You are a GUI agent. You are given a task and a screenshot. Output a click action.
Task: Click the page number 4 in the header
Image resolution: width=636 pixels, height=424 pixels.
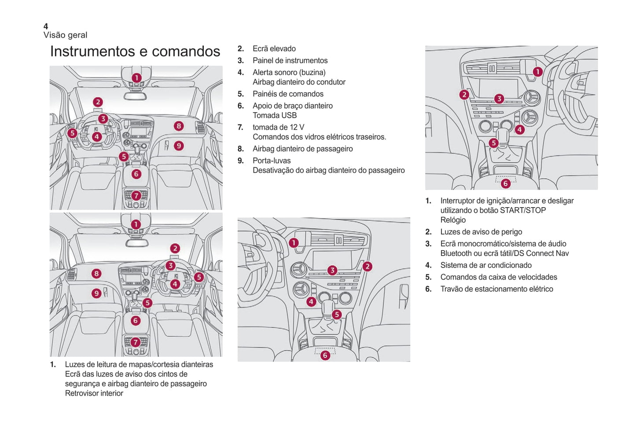(x=46, y=26)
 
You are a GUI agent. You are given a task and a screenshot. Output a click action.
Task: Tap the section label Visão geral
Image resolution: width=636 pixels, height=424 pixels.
(x=65, y=35)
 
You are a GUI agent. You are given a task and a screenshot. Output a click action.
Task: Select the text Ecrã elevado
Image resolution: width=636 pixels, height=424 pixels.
(x=274, y=49)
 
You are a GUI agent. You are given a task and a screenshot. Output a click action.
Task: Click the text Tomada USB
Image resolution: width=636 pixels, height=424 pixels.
(x=274, y=116)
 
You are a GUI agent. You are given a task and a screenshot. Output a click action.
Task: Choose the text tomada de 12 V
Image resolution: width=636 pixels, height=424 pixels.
(x=278, y=128)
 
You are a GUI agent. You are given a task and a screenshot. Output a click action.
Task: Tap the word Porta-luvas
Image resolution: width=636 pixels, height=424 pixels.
(x=271, y=161)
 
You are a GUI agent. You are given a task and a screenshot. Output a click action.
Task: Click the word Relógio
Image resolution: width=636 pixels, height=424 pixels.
(x=453, y=220)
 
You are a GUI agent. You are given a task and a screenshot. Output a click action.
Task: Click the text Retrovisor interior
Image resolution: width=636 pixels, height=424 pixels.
(x=94, y=394)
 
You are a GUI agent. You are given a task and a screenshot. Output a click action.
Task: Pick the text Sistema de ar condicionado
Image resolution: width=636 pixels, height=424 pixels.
(x=485, y=266)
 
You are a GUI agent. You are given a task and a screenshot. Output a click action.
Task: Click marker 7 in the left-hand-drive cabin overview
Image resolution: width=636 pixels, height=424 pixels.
(x=136, y=196)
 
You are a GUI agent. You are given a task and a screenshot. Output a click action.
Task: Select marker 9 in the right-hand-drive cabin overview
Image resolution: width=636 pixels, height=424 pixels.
(x=96, y=293)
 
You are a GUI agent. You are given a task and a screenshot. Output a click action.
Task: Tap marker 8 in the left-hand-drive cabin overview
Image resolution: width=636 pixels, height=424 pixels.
(x=178, y=126)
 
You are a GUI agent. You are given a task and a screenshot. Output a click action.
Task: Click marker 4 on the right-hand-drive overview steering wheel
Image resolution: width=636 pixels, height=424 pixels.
(x=175, y=284)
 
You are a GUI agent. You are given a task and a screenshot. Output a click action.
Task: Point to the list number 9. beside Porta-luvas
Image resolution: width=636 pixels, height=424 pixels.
(x=240, y=161)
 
